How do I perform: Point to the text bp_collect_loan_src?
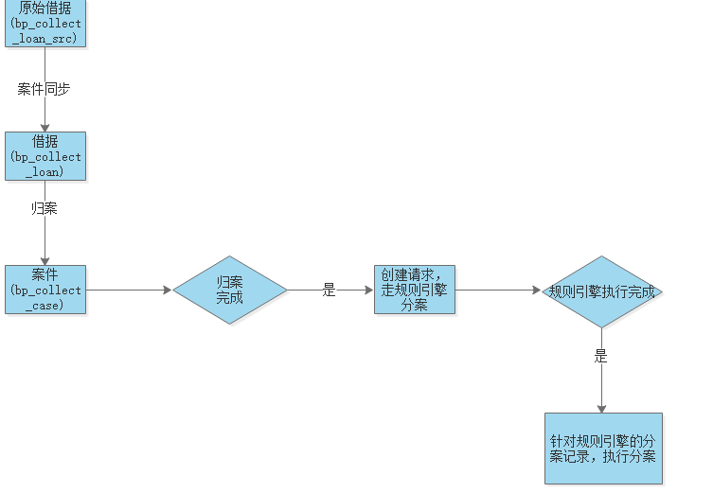click(x=45, y=31)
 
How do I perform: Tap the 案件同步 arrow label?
click(x=44, y=90)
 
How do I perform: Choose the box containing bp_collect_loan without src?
click(x=45, y=156)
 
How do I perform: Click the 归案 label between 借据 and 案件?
click(x=45, y=208)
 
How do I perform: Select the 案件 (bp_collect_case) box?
click(x=45, y=289)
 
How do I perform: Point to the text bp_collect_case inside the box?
click(x=45, y=298)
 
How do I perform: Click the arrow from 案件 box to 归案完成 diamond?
click(x=128, y=290)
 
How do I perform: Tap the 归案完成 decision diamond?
click(x=229, y=290)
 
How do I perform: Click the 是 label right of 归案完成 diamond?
click(x=329, y=291)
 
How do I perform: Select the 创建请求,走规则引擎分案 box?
click(x=414, y=290)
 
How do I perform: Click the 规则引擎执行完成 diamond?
click(x=601, y=291)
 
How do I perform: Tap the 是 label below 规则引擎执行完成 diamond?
click(x=600, y=357)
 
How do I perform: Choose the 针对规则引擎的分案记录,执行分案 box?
click(x=603, y=449)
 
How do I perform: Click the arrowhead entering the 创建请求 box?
click(x=368, y=290)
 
